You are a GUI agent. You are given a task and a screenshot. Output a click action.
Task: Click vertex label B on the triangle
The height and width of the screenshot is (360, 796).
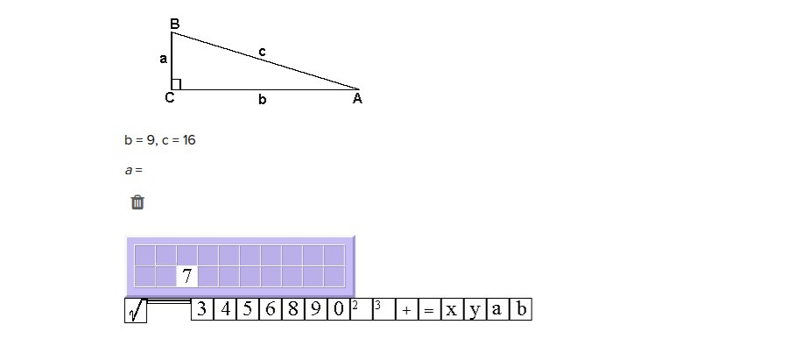pyautogui.click(x=174, y=24)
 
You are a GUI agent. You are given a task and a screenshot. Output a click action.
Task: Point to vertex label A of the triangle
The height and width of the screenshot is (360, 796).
pyautogui.click(x=357, y=99)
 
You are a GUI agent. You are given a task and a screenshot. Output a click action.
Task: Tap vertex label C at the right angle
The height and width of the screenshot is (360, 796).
pyautogui.click(x=170, y=98)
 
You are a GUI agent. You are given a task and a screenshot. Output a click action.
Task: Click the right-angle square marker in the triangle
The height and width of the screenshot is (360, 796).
pyautogui.click(x=176, y=84)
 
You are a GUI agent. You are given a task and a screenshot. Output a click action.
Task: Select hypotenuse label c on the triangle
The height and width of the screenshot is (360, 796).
pyautogui.click(x=262, y=53)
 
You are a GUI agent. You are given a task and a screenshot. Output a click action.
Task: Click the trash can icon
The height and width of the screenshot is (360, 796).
pyautogui.click(x=137, y=202)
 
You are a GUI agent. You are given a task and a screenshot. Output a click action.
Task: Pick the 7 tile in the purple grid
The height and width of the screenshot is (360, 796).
pyautogui.click(x=187, y=276)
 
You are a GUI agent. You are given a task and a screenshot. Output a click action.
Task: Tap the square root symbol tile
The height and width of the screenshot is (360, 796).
pyautogui.click(x=136, y=311)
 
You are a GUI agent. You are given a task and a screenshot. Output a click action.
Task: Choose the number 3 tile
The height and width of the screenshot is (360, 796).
pyautogui.click(x=201, y=309)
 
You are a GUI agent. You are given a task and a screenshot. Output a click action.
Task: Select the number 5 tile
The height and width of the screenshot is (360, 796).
pyautogui.click(x=247, y=309)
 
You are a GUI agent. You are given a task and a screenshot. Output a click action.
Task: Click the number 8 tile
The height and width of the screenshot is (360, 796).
pyautogui.click(x=292, y=309)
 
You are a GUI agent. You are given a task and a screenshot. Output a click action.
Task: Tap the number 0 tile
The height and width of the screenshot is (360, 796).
pyautogui.click(x=338, y=309)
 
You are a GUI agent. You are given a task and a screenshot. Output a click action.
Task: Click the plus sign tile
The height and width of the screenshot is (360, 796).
pyautogui.click(x=406, y=310)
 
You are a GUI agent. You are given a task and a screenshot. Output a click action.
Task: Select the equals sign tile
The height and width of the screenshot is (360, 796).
pyautogui.click(x=429, y=310)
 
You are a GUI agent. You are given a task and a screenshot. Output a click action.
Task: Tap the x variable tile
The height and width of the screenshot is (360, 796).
pyautogui.click(x=452, y=309)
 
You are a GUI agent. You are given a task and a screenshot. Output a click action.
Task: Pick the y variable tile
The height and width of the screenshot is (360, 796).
pyautogui.click(x=475, y=309)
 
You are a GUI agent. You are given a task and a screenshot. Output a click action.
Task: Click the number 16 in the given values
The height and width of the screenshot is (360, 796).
pyautogui.click(x=188, y=140)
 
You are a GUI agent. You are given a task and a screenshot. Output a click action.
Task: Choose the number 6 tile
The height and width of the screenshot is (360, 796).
pyautogui.click(x=270, y=309)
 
